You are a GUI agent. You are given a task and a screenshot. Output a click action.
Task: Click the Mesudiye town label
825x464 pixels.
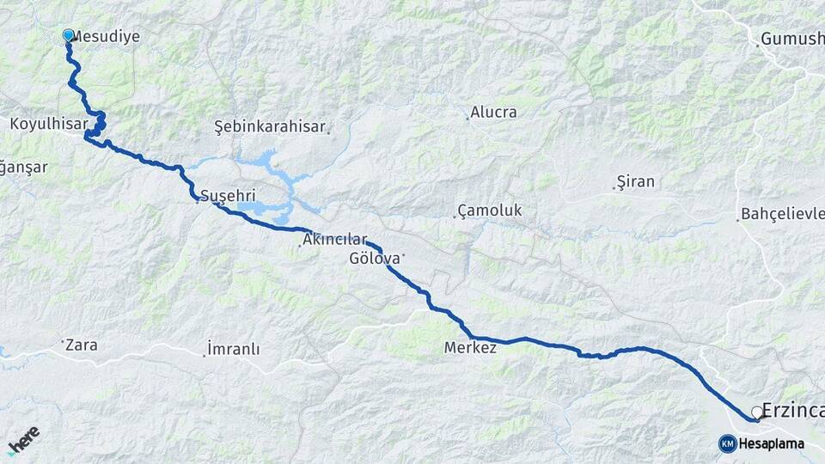click(106, 37)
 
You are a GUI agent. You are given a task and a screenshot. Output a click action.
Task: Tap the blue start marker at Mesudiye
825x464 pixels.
click(69, 35)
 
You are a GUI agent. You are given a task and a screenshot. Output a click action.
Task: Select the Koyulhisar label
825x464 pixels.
click(46, 124)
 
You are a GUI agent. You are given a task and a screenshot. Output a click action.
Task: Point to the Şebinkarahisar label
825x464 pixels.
click(270, 127)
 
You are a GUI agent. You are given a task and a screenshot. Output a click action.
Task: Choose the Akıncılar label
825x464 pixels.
click(334, 240)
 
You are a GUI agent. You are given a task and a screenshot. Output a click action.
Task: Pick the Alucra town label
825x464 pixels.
click(493, 113)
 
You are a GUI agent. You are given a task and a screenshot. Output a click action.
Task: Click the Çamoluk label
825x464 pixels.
click(490, 211)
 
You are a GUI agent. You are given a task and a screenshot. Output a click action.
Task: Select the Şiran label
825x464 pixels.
click(636, 181)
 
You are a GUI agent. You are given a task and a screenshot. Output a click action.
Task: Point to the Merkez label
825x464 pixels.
click(470, 348)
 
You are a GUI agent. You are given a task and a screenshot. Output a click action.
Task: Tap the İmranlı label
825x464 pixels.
click(233, 350)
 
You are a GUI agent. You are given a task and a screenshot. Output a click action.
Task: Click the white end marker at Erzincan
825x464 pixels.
click(757, 412)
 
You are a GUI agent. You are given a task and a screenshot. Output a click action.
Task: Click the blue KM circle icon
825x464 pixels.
click(727, 443)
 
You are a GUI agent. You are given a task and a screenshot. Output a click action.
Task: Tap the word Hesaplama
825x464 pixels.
click(771, 444)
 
